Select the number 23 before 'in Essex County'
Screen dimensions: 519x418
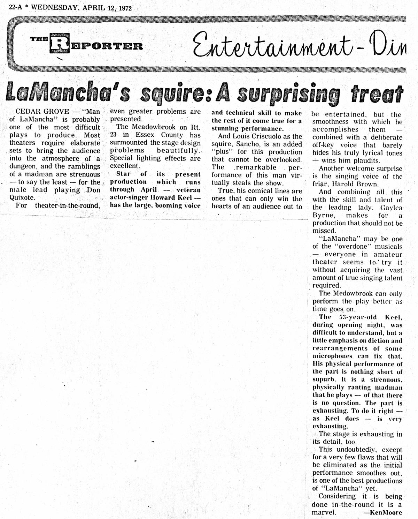(114, 135)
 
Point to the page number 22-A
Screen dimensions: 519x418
(15, 8)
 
